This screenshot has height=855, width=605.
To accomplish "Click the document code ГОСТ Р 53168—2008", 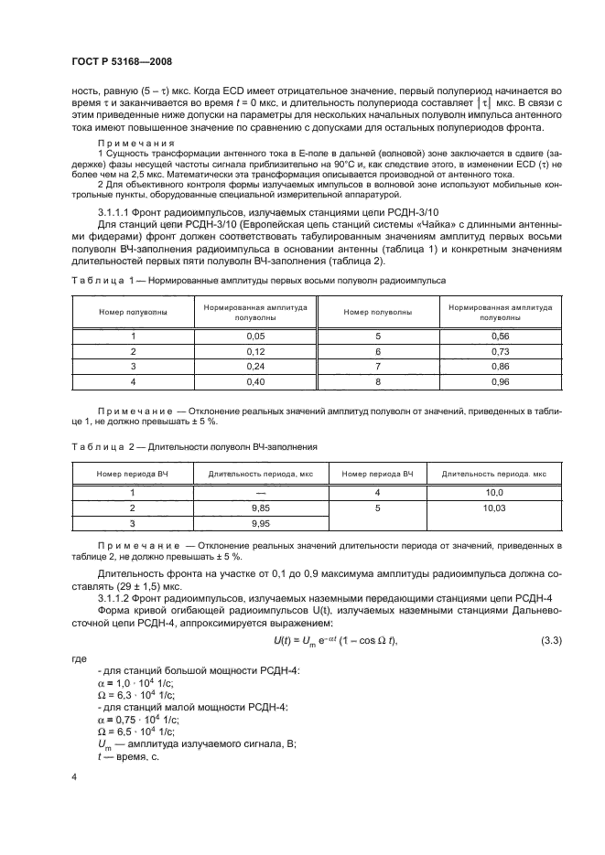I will click(121, 62).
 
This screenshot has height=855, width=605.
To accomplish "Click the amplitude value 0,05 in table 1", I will click(254, 336).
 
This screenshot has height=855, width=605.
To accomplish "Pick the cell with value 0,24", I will click(254, 366).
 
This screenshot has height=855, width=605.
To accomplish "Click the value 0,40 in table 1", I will click(254, 380).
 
